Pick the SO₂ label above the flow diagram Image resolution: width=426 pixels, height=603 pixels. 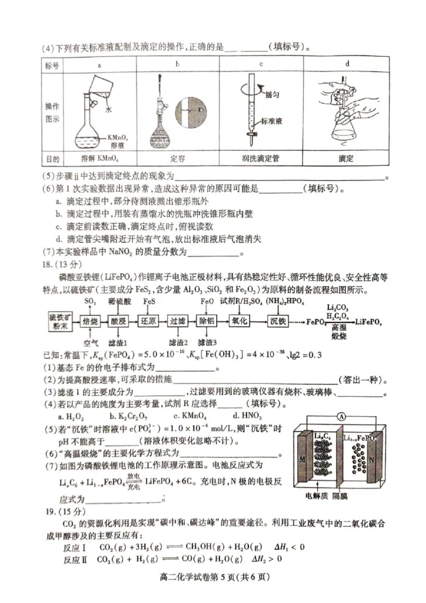click(x=90, y=301)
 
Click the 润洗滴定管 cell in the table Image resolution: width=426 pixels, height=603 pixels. click(x=261, y=158)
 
